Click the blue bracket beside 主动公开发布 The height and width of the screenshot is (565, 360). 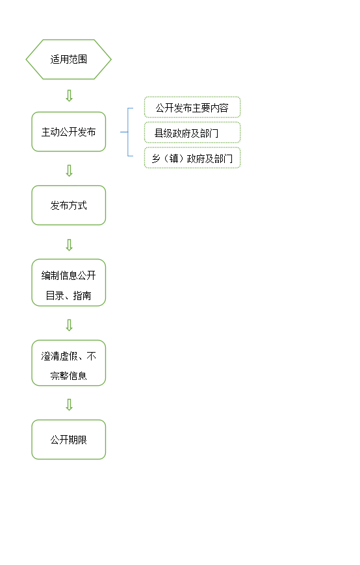point(128,132)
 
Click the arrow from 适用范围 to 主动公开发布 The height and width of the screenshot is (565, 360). point(70,96)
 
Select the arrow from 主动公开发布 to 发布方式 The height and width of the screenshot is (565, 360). point(70,171)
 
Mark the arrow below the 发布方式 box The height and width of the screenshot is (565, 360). point(70,245)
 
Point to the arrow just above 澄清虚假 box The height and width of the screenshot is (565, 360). point(70,325)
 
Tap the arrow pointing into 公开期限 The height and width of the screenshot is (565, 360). point(70,405)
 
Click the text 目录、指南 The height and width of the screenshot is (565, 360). point(68,296)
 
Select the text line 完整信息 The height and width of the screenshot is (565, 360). point(68,376)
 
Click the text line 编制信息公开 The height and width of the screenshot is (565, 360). point(68,275)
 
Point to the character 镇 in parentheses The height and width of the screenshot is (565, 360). point(174,158)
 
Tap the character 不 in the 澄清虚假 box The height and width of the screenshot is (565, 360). point(92,357)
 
